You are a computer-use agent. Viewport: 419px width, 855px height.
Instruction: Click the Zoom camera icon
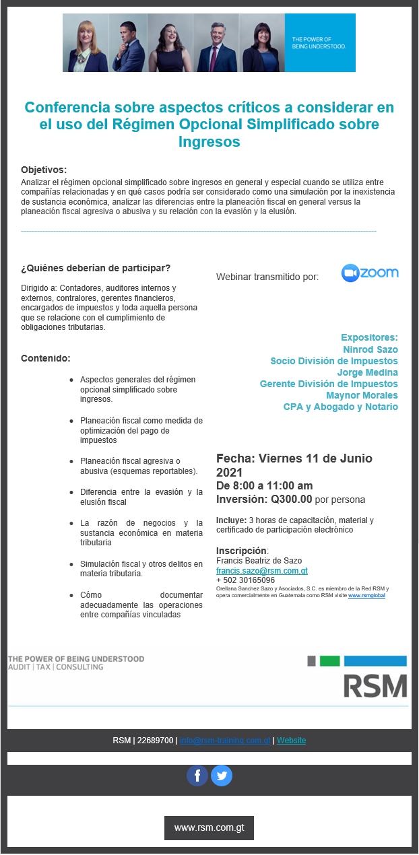350,273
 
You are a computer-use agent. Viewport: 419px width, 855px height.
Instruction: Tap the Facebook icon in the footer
197,776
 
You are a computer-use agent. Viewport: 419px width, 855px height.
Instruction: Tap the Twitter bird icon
222,776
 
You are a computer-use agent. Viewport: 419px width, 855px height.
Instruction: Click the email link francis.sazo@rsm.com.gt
262,571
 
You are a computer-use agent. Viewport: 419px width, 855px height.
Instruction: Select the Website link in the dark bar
291,741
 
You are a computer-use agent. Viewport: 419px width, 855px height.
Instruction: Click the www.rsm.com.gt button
209,828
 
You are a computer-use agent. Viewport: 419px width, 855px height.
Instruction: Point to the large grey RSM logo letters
375,685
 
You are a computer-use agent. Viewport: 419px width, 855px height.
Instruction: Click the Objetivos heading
44,170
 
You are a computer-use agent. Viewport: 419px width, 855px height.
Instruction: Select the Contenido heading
46,357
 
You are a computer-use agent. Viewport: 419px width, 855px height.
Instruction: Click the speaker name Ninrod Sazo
370,349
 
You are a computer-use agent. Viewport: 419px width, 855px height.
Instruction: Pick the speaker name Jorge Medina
367,372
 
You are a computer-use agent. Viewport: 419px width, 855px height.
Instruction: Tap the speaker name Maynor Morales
362,395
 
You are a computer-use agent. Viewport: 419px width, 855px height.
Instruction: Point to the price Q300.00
292,500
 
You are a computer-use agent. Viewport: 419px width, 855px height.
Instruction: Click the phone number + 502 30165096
245,580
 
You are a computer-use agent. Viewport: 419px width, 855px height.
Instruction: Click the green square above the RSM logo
329,660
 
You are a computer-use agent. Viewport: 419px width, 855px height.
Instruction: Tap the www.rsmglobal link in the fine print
366,596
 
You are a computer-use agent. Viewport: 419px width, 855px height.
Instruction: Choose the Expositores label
369,337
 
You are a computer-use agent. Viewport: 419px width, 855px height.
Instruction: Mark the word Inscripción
242,551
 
